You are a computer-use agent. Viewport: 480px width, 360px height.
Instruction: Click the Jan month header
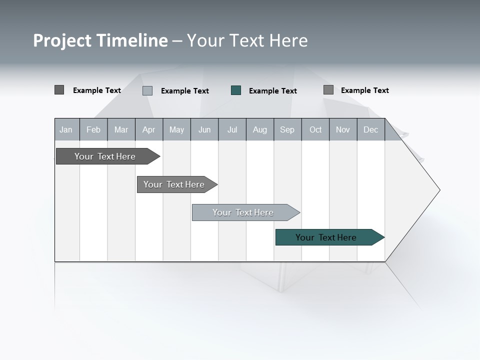pyautogui.click(x=66, y=130)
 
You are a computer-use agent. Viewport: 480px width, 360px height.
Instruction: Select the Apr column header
pyautogui.click(x=148, y=130)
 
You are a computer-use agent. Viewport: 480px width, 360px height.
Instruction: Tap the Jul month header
pyautogui.click(x=232, y=130)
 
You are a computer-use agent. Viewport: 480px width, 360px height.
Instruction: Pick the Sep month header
pyautogui.click(x=287, y=130)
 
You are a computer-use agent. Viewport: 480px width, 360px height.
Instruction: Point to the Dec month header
pyautogui.click(x=370, y=130)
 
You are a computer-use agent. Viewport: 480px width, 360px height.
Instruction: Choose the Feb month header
pyautogui.click(x=93, y=130)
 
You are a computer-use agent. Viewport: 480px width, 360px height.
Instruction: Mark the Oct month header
pyautogui.click(x=315, y=130)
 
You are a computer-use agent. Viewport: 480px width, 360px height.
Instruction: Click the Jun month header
pyautogui.click(x=204, y=130)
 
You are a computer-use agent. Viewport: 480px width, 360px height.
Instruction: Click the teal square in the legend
pyautogui.click(x=236, y=90)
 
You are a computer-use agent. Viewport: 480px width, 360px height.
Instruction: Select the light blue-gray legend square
pyautogui.click(x=147, y=90)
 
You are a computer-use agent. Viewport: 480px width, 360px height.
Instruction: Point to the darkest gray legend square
pyautogui.click(x=59, y=90)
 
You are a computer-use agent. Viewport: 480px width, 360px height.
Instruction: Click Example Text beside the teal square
pyautogui.click(x=272, y=91)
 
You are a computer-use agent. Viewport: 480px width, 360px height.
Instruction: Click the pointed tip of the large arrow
pyautogui.click(x=438, y=190)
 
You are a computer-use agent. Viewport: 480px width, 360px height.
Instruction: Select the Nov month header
pyautogui.click(x=343, y=130)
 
